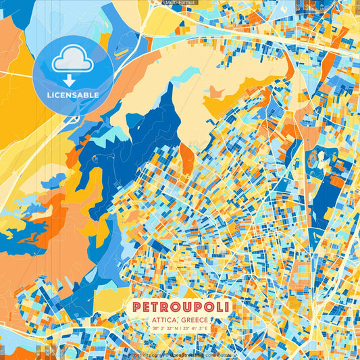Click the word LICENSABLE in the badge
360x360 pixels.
click(x=72, y=95)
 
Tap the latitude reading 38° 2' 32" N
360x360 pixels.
click(x=161, y=329)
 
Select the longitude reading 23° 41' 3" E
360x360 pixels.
click(x=200, y=329)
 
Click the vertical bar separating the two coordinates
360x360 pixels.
click(x=180, y=329)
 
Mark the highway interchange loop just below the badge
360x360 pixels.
click(x=73, y=120)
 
